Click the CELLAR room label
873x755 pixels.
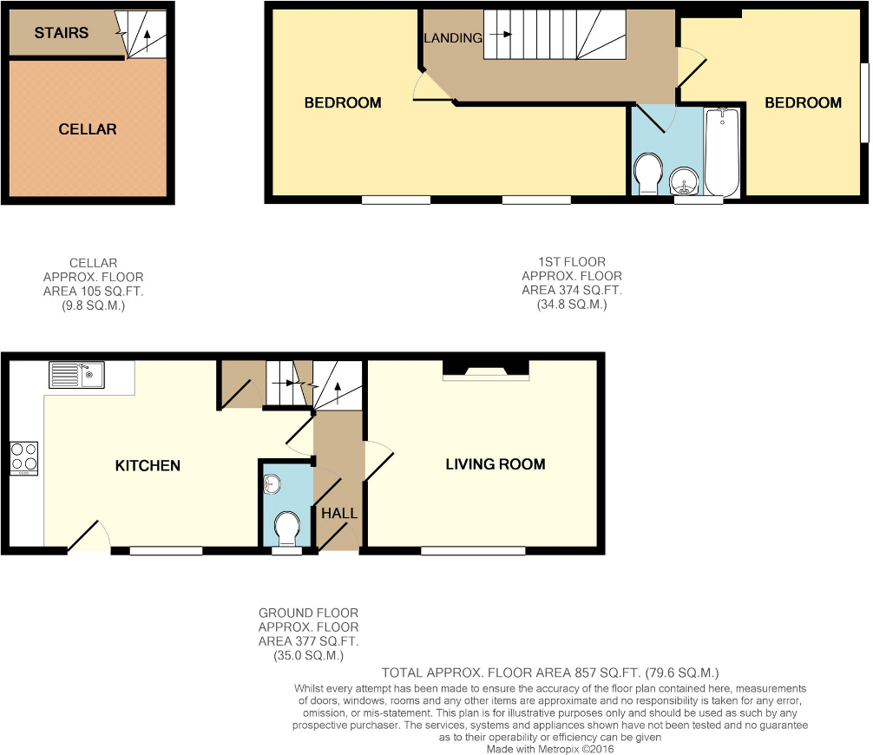coord(87,129)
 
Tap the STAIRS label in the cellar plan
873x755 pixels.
coord(61,33)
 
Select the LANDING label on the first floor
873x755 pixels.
coord(453,38)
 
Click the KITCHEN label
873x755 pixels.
coord(148,466)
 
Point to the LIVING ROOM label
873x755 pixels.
coord(495,464)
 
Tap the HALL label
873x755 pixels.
coord(338,513)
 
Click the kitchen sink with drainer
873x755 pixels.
coord(76,374)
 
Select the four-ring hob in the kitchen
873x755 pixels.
coord(23,458)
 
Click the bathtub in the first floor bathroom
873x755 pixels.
coord(722,152)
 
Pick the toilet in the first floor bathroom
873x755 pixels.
coord(647,174)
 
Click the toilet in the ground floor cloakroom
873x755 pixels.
coord(286,527)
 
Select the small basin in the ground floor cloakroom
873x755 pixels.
coord(272,484)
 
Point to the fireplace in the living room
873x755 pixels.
coord(485,371)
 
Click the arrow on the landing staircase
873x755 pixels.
coord(503,36)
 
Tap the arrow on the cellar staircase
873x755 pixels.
coord(146,37)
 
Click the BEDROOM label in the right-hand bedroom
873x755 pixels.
coord(802,102)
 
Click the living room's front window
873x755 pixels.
coord(473,550)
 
